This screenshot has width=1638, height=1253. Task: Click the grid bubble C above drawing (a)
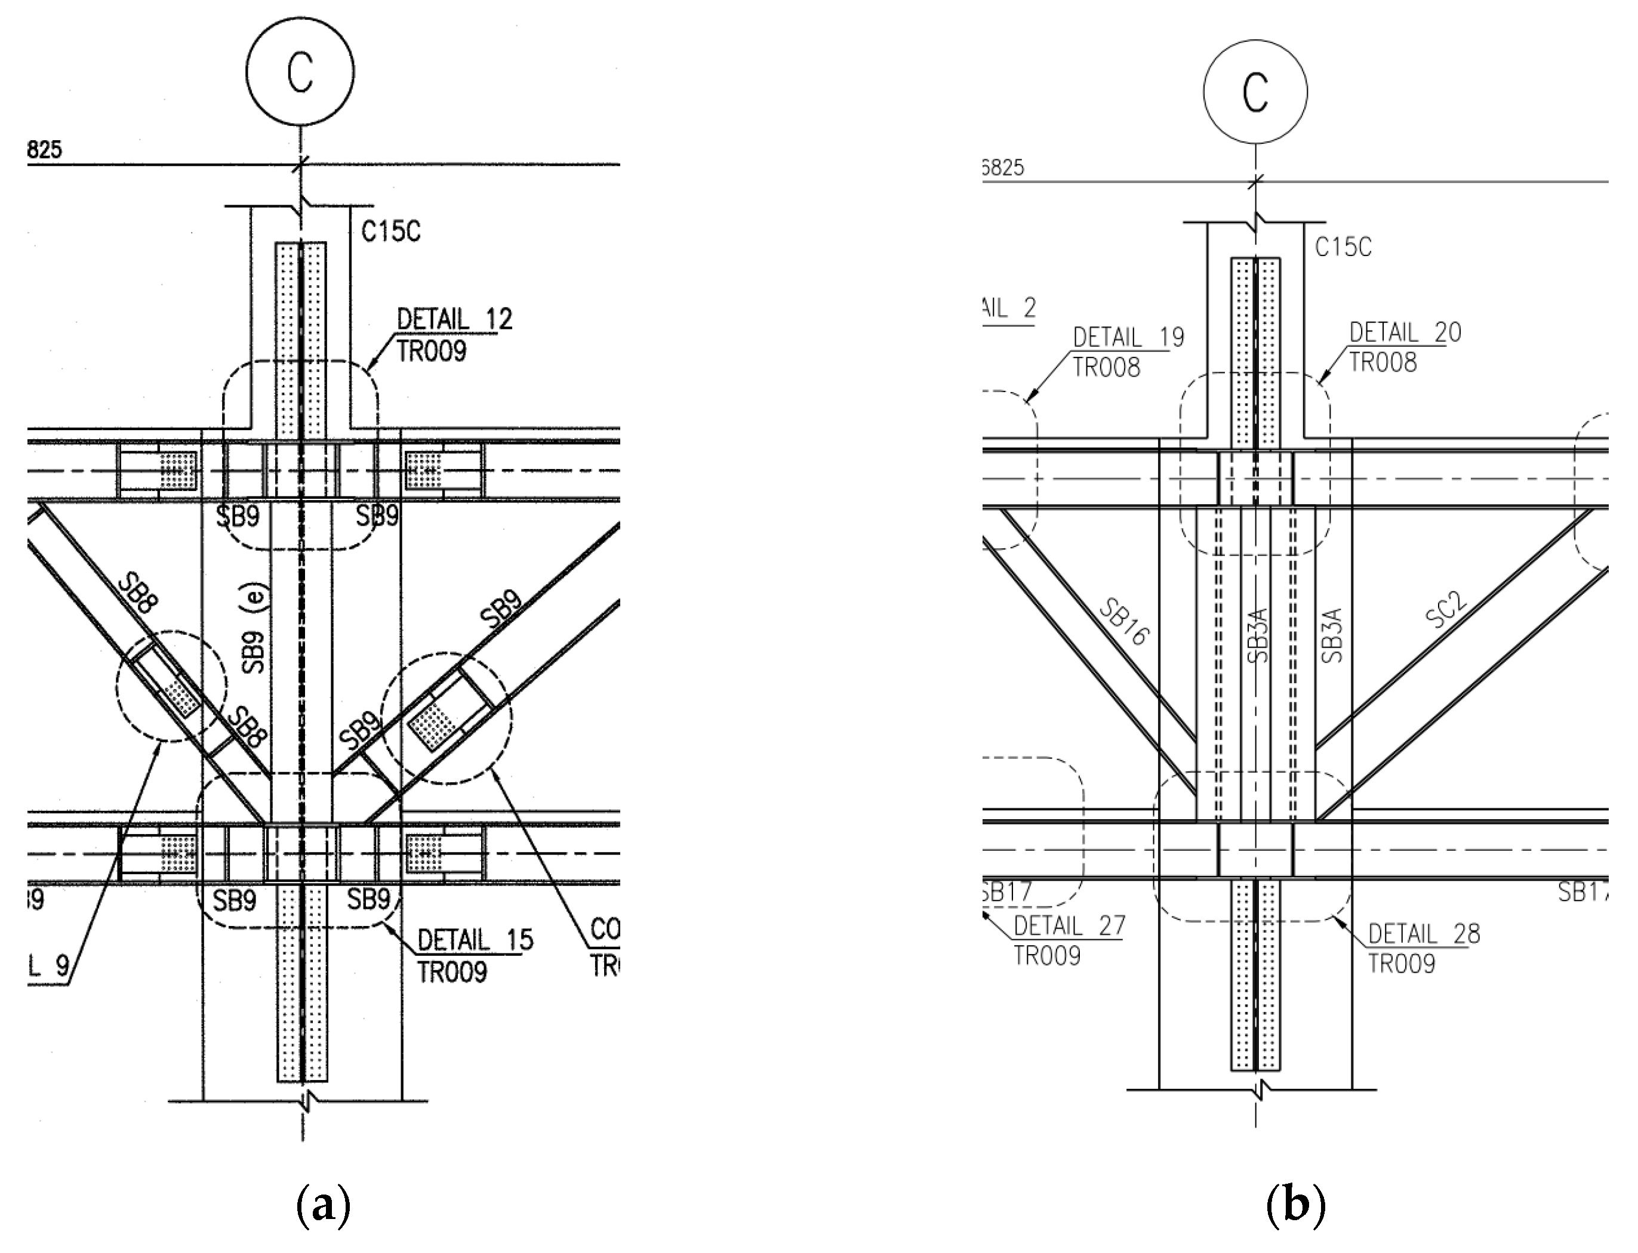[x=300, y=72]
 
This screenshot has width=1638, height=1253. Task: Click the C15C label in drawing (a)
[x=390, y=232]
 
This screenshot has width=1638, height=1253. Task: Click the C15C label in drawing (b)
[x=1343, y=247]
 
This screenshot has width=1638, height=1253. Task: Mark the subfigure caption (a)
[x=323, y=1205]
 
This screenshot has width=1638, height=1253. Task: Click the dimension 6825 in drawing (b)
[x=1002, y=168]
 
